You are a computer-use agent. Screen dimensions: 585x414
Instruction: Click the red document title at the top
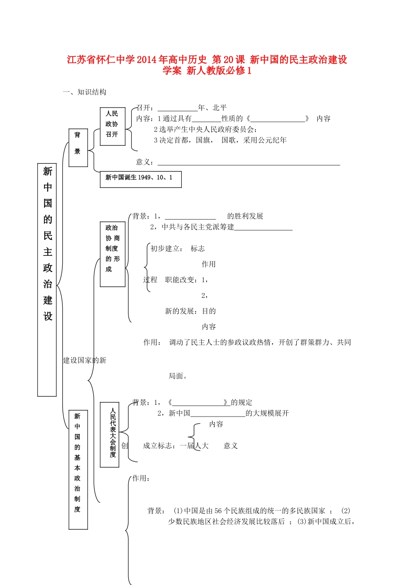coord(207,65)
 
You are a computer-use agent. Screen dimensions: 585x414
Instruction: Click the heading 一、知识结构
coord(85,92)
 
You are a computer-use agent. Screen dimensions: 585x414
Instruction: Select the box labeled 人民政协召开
coord(112,126)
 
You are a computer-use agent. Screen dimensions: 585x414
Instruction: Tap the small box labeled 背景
coord(78,148)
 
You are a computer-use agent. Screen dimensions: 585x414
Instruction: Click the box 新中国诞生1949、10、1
coord(140,179)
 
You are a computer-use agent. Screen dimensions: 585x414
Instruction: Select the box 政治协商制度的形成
coord(112,254)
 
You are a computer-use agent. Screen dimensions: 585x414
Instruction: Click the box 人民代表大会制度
coord(109,434)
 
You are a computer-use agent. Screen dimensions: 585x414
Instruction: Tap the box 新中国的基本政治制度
coord(78,469)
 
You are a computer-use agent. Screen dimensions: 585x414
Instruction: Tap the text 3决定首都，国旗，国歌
coord(220,140)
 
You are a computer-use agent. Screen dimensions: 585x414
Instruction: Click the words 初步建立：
coord(166,249)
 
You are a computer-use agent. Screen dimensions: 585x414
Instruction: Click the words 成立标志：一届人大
coord(176,446)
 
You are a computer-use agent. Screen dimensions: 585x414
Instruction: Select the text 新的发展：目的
coord(190,311)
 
